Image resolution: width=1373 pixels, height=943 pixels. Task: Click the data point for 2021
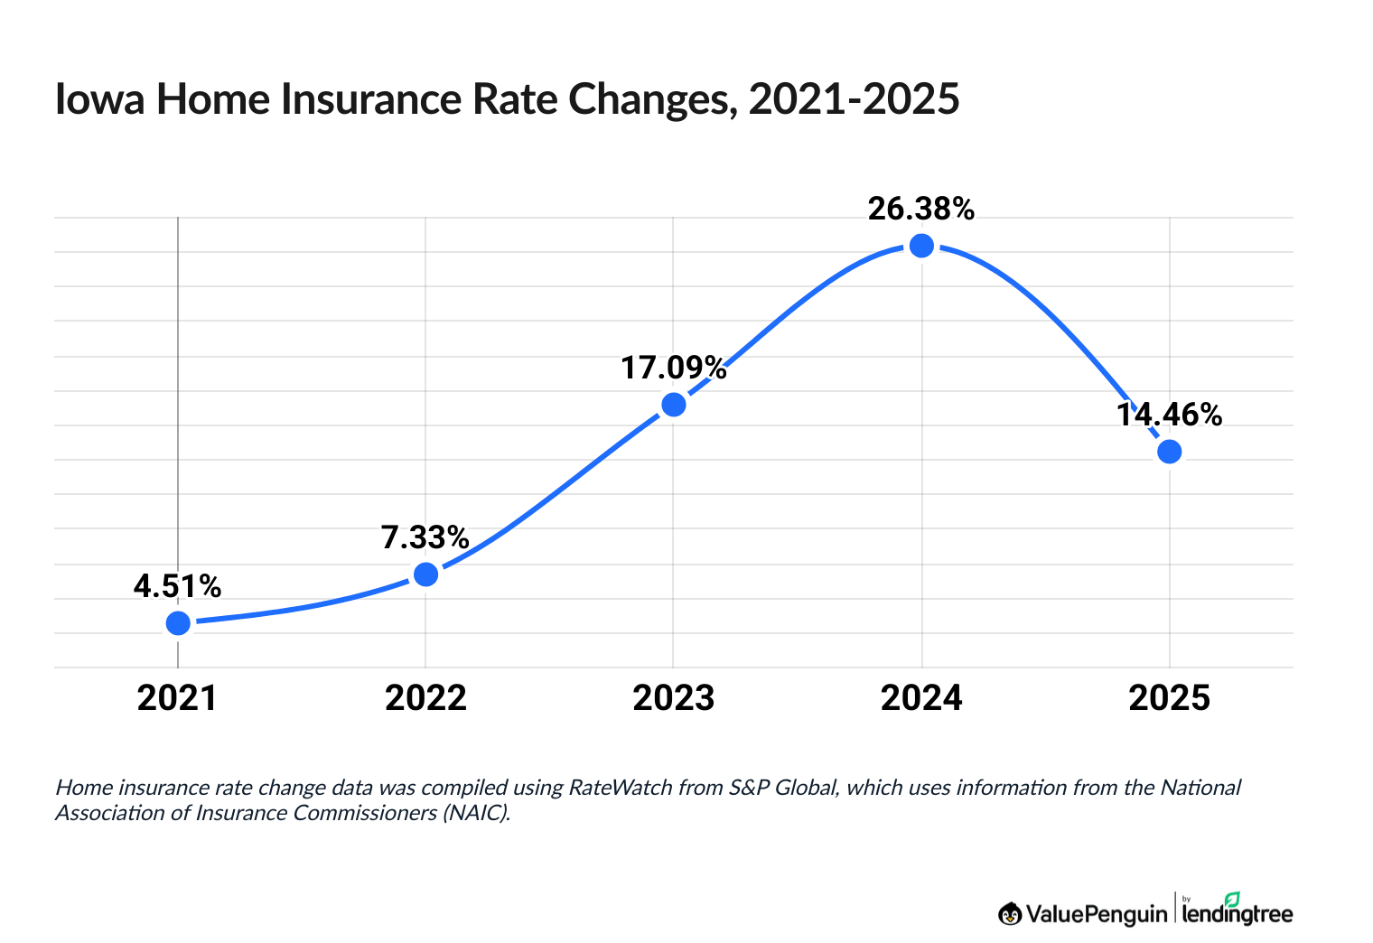(x=178, y=623)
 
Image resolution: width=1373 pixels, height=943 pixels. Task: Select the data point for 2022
(x=425, y=574)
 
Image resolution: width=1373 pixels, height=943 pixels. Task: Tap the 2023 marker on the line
(x=674, y=405)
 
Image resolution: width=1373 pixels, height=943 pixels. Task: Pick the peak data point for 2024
(x=921, y=246)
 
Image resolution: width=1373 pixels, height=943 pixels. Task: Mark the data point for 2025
(x=1169, y=452)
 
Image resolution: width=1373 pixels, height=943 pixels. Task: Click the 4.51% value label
(x=177, y=586)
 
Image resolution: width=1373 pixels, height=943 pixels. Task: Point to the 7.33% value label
(x=425, y=537)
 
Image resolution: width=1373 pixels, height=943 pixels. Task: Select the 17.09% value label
(x=673, y=368)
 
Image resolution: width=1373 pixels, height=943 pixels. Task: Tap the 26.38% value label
(x=921, y=209)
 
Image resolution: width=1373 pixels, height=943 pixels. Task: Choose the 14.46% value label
(x=1169, y=415)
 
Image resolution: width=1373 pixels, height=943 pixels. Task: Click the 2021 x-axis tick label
(x=177, y=698)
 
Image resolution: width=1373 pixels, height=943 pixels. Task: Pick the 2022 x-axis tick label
(x=425, y=698)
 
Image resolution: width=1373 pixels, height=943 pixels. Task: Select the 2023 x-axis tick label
(x=674, y=698)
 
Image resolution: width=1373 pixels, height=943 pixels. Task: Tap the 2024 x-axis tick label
(x=921, y=698)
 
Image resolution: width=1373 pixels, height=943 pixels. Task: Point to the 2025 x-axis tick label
(x=1169, y=698)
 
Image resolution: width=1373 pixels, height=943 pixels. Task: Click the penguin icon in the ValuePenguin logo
(x=1010, y=914)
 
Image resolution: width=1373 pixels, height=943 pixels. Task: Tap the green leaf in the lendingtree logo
(x=1232, y=899)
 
